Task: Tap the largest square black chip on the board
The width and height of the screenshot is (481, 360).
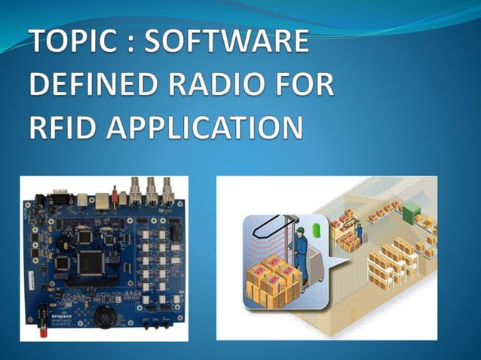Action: click(x=93, y=261)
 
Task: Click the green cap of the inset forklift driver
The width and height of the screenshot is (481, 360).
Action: click(x=299, y=230)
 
